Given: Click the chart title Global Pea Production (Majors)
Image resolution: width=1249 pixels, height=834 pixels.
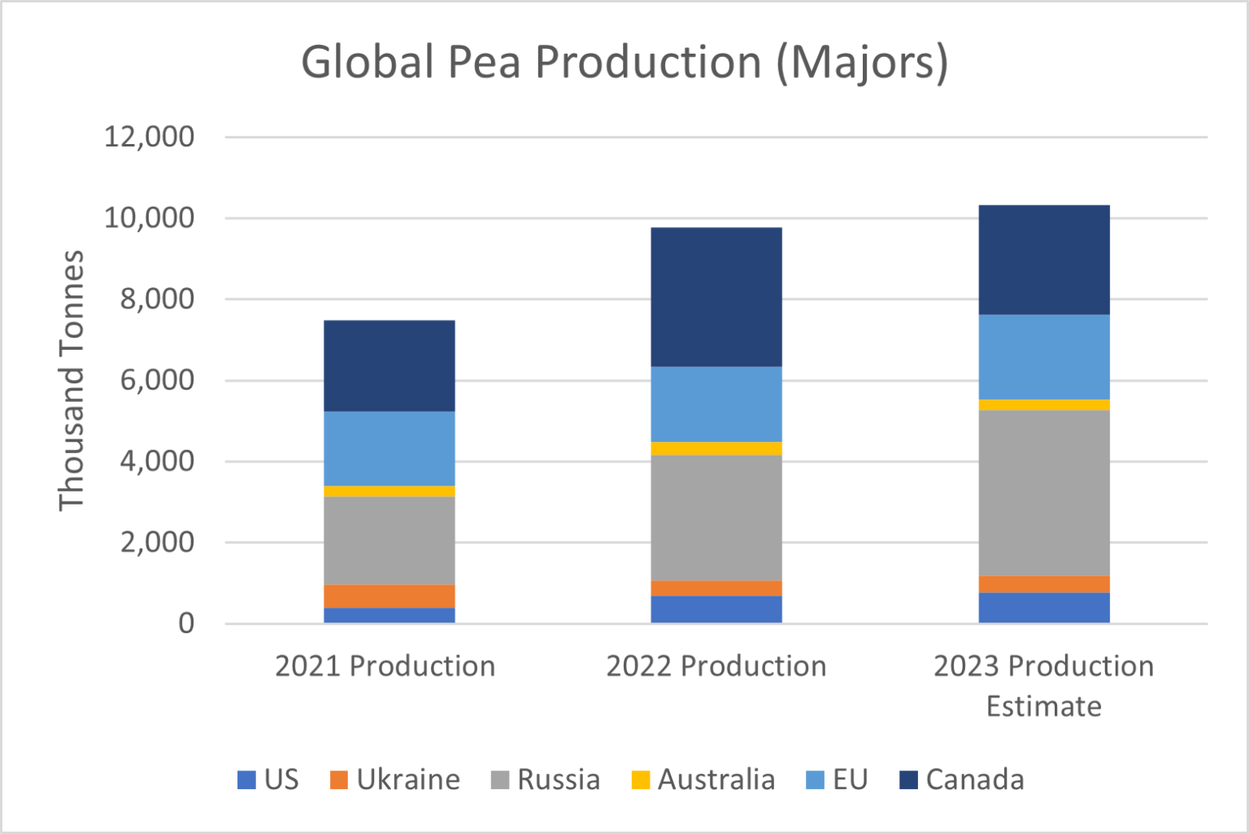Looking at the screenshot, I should coord(624,62).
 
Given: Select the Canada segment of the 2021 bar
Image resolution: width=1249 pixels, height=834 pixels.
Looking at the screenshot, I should coord(389,365).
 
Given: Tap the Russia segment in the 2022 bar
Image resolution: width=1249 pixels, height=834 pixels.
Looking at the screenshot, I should coord(716,517).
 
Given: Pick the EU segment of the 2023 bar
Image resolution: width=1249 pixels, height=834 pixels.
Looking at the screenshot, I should coord(1043,356).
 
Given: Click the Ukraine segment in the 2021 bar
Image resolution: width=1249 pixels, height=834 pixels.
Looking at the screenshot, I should coord(389,596).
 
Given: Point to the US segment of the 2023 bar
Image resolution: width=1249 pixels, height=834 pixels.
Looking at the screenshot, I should coord(1043,608).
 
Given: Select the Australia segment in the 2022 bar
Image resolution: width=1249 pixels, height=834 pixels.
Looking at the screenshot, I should coord(716,448).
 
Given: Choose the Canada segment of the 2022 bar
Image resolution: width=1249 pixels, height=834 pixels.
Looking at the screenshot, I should coord(716,297).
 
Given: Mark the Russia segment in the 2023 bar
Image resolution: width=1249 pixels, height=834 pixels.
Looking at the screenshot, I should coord(1043,492).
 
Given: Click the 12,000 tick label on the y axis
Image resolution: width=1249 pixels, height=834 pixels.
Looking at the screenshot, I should coord(149,137).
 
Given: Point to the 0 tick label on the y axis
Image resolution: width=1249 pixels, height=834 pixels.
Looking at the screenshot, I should coord(186,623).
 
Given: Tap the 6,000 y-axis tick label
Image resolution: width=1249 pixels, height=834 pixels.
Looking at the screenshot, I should coord(157,380).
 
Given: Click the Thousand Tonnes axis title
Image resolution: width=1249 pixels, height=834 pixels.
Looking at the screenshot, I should coord(72,380).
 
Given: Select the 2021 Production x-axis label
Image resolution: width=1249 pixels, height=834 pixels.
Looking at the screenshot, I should coord(385,666).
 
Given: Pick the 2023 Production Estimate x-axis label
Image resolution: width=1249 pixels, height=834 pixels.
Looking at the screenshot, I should coord(1043,685).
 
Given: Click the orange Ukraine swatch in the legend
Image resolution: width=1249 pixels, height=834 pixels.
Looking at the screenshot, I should coord(338,779).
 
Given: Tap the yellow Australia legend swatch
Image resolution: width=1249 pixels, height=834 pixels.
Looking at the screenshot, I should coord(641,779).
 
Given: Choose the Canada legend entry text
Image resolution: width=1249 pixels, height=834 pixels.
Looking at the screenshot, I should coord(974,779).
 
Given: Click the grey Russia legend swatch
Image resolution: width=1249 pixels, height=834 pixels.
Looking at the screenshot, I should coord(500,779).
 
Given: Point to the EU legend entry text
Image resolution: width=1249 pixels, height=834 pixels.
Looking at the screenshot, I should coord(850,779).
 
